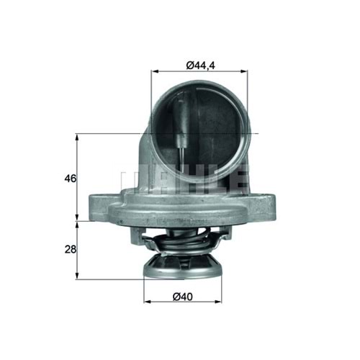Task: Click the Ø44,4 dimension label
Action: [199, 66]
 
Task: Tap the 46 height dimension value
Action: [69, 177]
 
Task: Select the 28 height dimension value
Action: [69, 249]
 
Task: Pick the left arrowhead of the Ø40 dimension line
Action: [146, 301]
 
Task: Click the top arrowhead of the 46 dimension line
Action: [78, 137]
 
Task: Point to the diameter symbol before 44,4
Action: [189, 66]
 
